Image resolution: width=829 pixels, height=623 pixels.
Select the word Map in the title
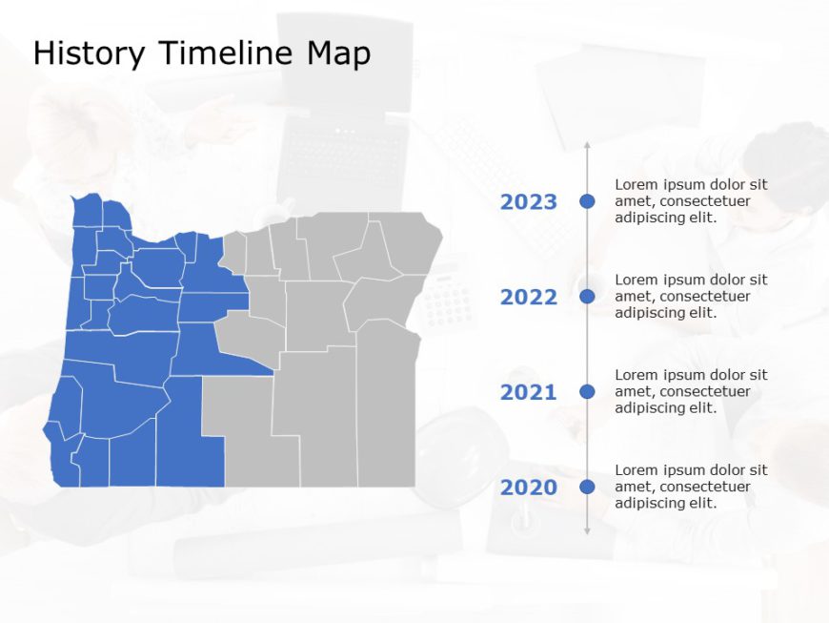337,53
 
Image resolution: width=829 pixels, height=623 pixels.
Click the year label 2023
529,201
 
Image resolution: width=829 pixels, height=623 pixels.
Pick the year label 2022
529,297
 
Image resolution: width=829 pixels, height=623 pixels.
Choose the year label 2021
529,392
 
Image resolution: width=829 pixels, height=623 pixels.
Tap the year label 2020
529,488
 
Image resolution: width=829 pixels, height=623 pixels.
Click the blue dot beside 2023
587,201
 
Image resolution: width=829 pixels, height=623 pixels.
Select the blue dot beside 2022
587,297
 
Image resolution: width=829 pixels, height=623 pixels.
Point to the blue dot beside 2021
587,391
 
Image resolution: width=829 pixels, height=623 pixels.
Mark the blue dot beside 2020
587,487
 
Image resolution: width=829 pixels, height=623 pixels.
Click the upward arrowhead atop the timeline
587,146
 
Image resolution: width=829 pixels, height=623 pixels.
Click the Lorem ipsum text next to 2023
691,201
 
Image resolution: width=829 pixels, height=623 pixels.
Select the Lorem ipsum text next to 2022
691,297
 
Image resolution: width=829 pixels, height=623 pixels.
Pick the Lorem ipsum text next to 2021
691,392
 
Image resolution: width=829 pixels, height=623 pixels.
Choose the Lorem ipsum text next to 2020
691,488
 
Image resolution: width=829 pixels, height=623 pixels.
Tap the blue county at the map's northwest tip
88,211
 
